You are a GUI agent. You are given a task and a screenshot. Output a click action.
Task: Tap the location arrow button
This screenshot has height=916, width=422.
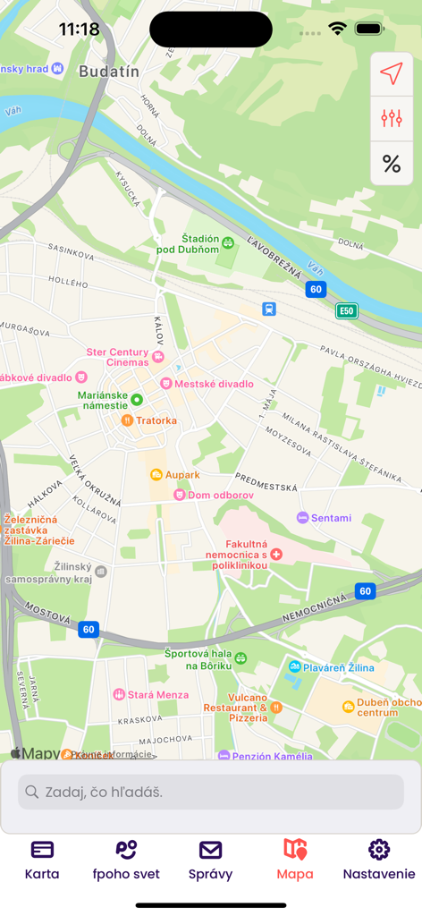click(x=392, y=74)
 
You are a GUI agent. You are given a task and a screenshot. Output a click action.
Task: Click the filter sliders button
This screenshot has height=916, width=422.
click(x=392, y=118)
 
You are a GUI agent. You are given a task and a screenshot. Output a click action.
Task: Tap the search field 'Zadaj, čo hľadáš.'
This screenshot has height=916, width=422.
click(x=211, y=792)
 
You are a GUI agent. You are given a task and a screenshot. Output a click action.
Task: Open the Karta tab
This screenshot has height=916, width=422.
click(x=42, y=860)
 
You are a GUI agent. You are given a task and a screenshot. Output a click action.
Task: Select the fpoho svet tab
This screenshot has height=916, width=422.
click(x=126, y=860)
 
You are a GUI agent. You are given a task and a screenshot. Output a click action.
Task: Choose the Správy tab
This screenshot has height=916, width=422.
click(x=210, y=860)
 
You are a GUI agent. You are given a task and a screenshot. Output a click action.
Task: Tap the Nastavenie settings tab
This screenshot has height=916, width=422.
click(x=379, y=860)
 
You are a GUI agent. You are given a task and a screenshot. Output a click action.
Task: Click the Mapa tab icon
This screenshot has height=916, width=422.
click(x=295, y=849)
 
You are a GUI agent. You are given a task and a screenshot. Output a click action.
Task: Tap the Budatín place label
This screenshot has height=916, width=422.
click(x=109, y=72)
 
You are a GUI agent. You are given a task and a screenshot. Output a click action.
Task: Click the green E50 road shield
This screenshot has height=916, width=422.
click(x=347, y=311)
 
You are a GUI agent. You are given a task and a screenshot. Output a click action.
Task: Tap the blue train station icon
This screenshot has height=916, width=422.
click(x=269, y=309)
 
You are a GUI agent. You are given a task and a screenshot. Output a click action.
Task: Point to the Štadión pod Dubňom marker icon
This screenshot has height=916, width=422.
click(x=228, y=242)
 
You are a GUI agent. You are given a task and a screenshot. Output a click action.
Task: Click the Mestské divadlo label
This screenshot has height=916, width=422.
click(x=214, y=384)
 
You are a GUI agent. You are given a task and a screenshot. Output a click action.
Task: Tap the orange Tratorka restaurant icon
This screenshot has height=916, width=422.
click(x=127, y=420)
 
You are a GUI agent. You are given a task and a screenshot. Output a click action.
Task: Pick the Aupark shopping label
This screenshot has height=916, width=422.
click(x=182, y=474)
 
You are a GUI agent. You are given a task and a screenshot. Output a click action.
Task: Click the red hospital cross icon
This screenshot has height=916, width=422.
click(x=276, y=555)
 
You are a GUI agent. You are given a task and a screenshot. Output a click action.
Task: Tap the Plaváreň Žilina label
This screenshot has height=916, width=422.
click(x=337, y=667)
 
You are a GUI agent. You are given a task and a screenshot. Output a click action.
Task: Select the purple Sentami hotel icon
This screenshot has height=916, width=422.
click(x=302, y=518)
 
